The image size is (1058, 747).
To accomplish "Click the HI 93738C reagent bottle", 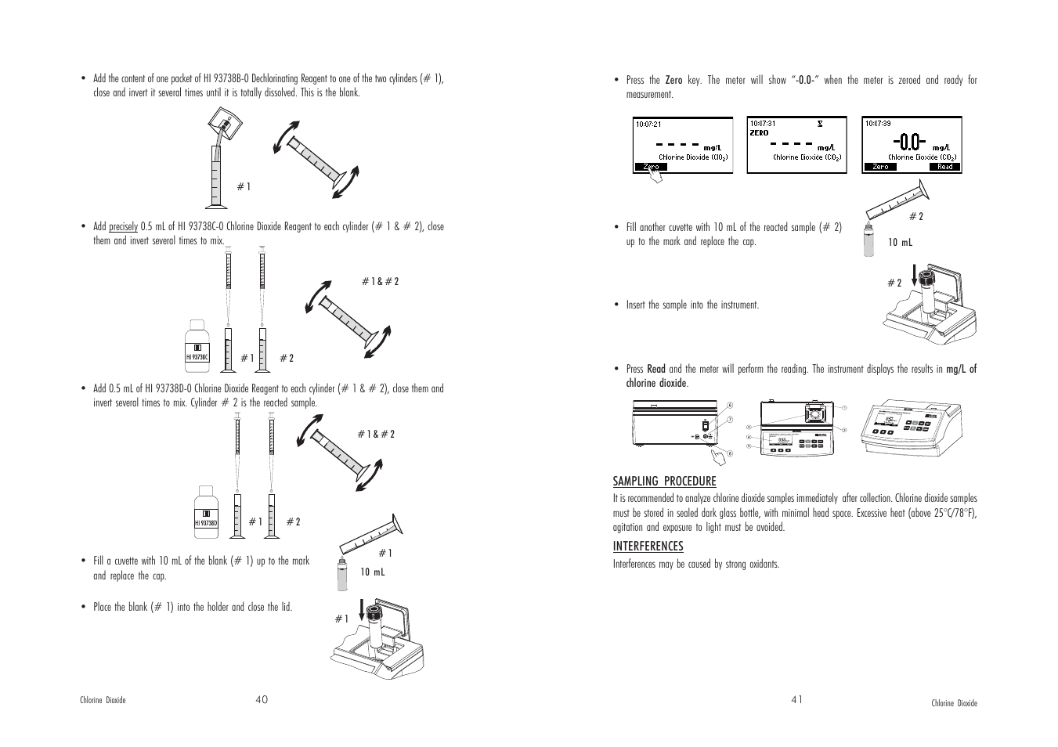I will (x=197, y=345).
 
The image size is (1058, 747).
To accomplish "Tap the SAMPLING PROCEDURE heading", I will (x=664, y=481).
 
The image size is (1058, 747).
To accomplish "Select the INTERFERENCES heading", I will (x=648, y=546).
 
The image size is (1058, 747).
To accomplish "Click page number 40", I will (x=262, y=700).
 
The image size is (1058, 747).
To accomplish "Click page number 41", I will (x=796, y=700).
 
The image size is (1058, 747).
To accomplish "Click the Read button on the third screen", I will (x=944, y=167).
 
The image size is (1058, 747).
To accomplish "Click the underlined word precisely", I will (x=123, y=227).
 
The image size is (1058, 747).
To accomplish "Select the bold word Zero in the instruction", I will (x=673, y=80).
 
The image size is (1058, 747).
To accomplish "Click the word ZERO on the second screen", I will (x=760, y=133).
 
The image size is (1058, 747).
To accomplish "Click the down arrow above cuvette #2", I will (x=914, y=278).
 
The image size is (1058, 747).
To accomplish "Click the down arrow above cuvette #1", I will (x=362, y=608).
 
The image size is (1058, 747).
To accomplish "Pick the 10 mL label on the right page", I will (x=900, y=243).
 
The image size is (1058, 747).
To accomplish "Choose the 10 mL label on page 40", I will (x=372, y=572).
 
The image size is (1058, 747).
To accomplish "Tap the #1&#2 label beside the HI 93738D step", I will (x=376, y=434).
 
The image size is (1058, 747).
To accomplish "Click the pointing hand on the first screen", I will (x=654, y=176).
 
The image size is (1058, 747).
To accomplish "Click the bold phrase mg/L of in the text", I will (x=962, y=369).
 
